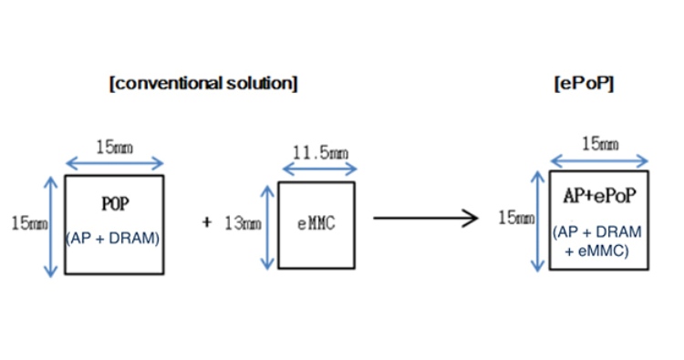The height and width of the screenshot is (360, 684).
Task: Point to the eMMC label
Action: pos(316,221)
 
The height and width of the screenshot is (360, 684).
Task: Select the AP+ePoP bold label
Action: pos(598,197)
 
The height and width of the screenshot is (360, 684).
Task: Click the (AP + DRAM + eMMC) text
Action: pos(598,242)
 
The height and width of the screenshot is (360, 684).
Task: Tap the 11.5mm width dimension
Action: pos(316,152)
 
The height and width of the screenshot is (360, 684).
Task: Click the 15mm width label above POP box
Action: pos(115,146)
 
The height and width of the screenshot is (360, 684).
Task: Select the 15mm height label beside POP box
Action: pos(29,221)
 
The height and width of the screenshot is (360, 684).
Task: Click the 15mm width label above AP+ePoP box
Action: pos(599,143)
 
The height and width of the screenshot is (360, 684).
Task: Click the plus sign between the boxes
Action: pos(207,221)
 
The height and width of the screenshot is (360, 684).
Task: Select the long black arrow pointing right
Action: pos(425,219)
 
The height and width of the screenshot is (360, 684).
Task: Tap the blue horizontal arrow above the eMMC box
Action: pos(316,170)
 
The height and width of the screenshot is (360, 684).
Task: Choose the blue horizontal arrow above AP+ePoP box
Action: pos(598,161)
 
